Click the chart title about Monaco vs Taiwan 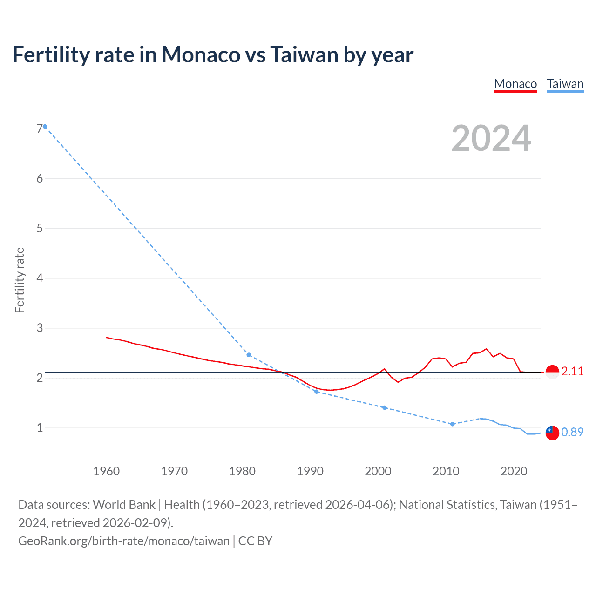point(213,55)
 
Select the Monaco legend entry point(515,84)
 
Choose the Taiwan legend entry point(565,84)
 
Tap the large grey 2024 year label point(491,138)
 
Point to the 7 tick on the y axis point(40,129)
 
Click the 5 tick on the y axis point(40,228)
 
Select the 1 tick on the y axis point(40,427)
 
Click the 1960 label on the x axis point(107,471)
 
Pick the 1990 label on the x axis point(310,471)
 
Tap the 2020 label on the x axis point(514,471)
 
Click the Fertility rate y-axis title point(20,280)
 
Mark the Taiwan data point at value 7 point(45,127)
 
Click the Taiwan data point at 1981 point(249,355)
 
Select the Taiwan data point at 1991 point(317,392)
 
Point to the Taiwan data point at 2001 point(384,407)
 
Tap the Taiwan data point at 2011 point(452,424)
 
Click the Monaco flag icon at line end point(552,372)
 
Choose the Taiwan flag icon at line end point(552,433)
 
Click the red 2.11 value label point(572,371)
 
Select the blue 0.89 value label point(572,432)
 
